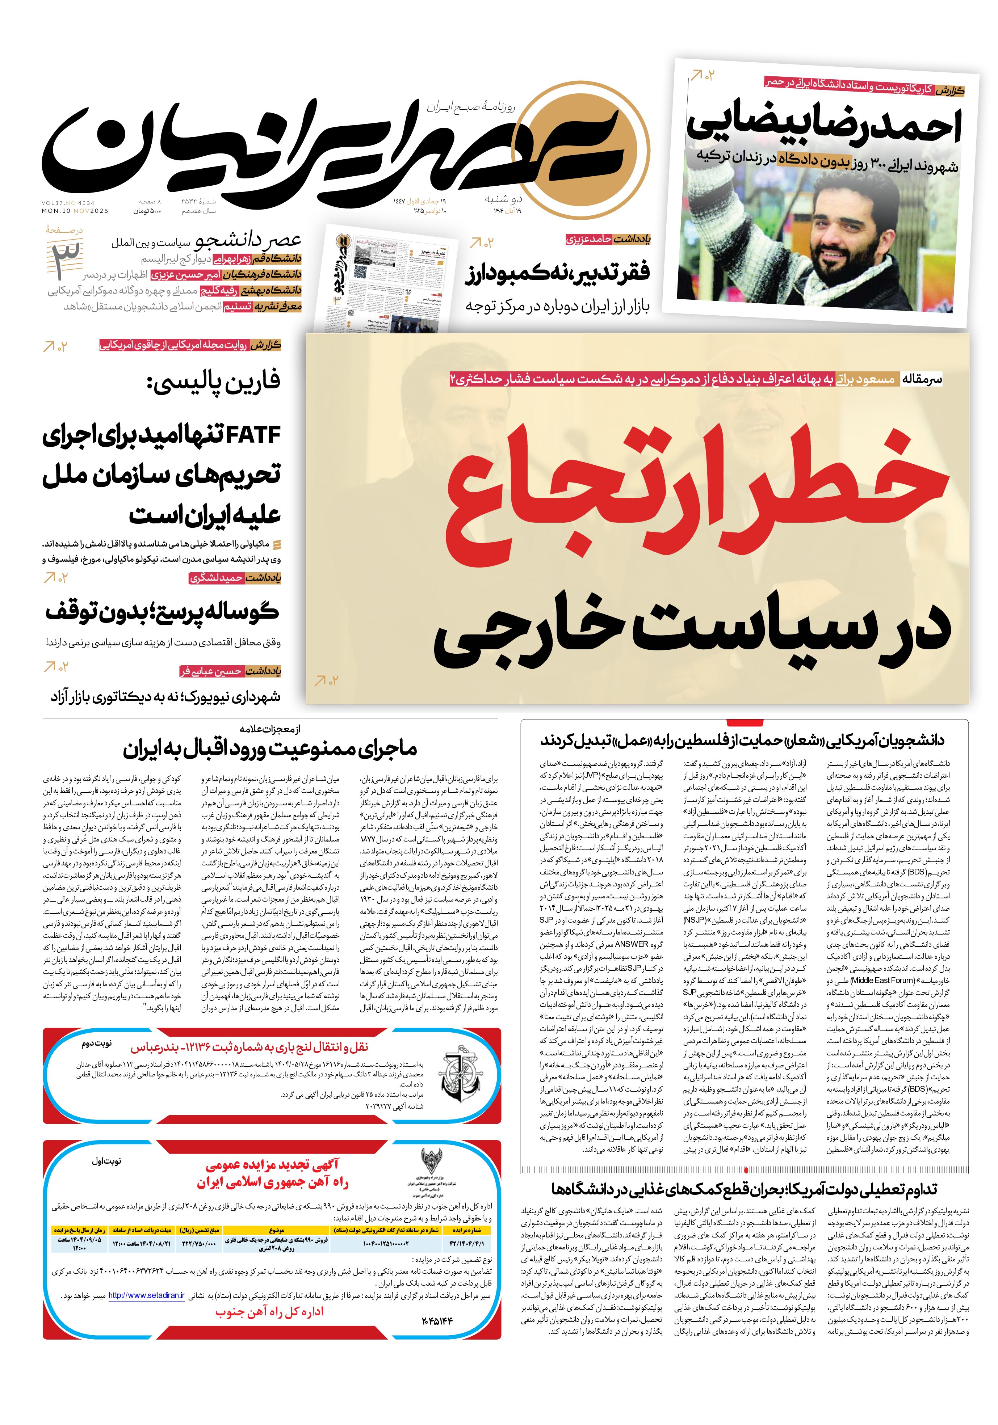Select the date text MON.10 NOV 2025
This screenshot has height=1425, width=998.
click(75, 211)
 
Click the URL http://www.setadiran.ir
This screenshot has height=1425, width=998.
click(146, 1296)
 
